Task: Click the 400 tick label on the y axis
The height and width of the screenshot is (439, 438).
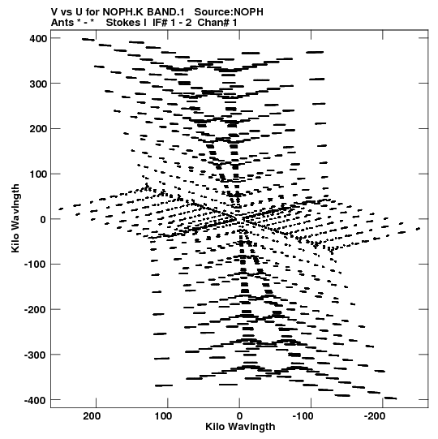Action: tap(38, 39)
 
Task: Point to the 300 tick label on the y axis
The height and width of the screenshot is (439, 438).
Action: tap(38, 84)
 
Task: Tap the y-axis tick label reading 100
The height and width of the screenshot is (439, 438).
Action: tap(38, 174)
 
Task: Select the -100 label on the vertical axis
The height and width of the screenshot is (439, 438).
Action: tap(36, 265)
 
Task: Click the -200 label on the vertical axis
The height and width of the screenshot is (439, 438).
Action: tap(36, 310)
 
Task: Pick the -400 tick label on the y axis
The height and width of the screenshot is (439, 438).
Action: tap(36, 400)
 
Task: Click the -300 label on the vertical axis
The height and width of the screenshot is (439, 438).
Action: tap(36, 355)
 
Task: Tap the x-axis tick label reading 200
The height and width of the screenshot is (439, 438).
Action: tap(92, 416)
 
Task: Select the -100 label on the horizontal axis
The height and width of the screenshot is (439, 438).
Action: tap(303, 416)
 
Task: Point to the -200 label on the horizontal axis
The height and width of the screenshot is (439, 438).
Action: tap(375, 416)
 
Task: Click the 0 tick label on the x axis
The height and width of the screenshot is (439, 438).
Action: tap(239, 416)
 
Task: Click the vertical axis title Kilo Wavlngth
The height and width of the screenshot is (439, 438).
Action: tap(15, 218)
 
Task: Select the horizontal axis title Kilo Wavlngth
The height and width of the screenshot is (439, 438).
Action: tap(240, 427)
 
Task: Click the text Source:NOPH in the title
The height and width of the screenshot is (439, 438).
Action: tap(229, 12)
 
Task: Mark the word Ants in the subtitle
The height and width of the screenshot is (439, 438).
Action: tap(62, 23)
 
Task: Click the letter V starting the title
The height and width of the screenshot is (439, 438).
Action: tap(54, 12)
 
